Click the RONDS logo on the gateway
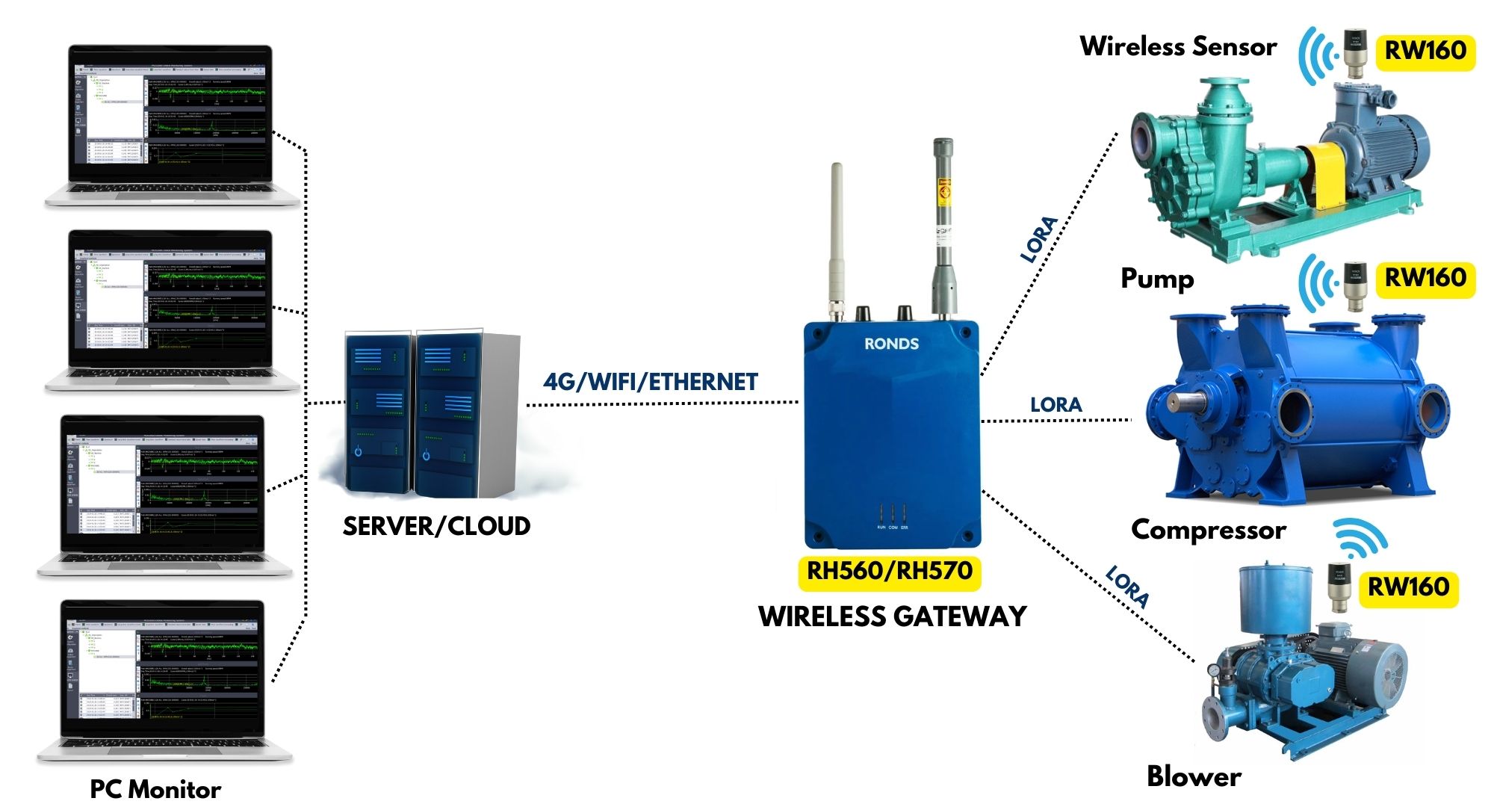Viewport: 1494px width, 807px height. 891,344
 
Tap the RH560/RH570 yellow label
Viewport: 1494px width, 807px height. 889,572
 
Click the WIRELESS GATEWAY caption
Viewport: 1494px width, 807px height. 892,616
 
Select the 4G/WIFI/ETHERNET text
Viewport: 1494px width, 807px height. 650,382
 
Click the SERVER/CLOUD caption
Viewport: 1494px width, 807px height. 436,526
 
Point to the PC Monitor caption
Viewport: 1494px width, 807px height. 155,789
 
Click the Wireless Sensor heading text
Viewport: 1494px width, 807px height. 1178,46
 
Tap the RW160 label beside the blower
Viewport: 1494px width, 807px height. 1408,587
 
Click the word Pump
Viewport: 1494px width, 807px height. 1157,278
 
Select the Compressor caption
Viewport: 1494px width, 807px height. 1208,530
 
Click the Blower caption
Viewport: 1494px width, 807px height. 1194,776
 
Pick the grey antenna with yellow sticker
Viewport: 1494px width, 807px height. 944,224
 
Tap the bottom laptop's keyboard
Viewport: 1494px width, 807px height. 164,743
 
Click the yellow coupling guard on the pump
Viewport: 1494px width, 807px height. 1330,176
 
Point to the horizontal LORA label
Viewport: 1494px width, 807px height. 1056,405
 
